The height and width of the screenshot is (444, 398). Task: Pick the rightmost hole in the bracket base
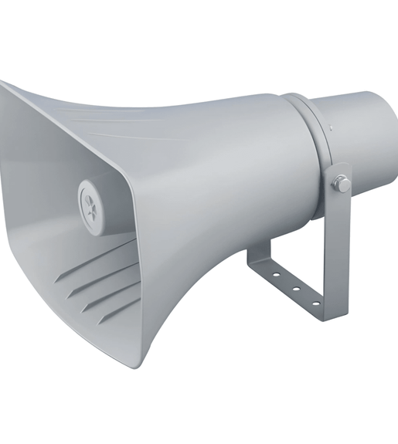coord(315,303)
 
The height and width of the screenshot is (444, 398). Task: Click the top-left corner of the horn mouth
coord(4,83)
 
